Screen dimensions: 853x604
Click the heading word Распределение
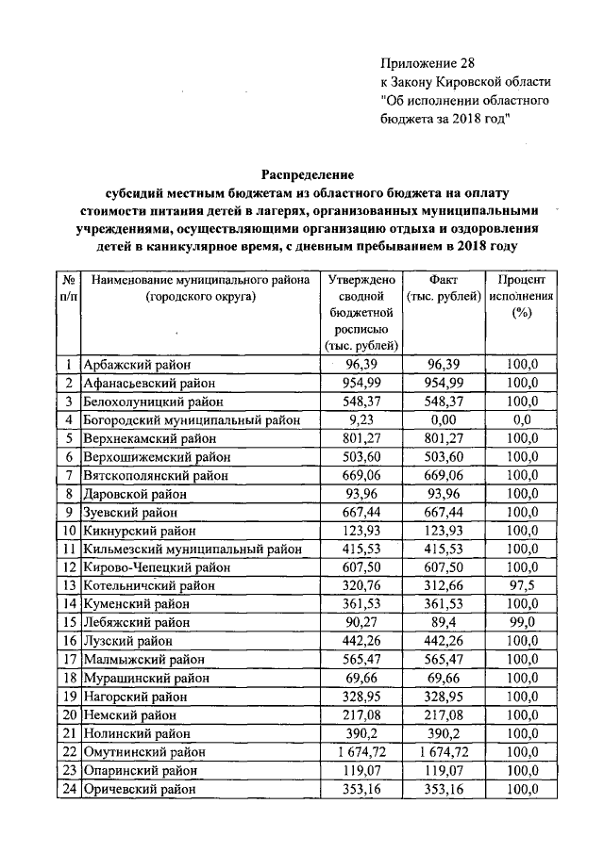click(x=307, y=174)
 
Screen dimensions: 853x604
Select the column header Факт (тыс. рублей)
click(x=443, y=287)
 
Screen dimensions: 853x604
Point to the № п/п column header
click(x=69, y=287)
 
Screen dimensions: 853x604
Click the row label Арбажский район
click(x=137, y=365)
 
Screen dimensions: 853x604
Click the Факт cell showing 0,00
click(x=443, y=419)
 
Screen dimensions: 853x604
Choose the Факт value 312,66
click(x=443, y=584)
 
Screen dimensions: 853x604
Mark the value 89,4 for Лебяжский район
click(x=443, y=621)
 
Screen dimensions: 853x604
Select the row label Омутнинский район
click(x=144, y=751)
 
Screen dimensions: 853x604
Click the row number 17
click(x=69, y=659)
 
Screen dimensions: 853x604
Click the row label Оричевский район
click(x=142, y=788)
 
